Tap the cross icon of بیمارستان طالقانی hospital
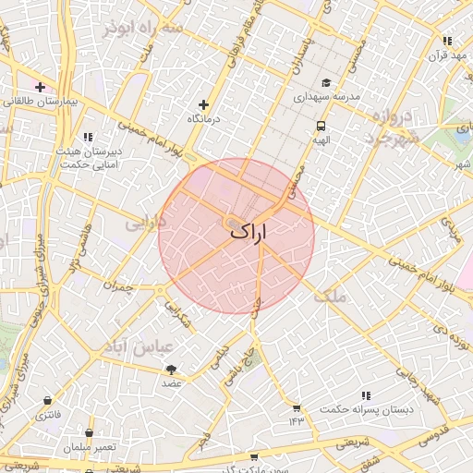tap(40, 87)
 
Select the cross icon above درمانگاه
tap(203, 104)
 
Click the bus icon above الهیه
tap(321, 126)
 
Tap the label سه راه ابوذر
tap(143, 30)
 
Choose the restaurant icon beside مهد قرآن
tap(447, 42)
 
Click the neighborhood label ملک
tap(330, 296)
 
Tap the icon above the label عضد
tap(171, 369)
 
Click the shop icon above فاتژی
tap(46, 401)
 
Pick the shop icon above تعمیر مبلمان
tap(89, 432)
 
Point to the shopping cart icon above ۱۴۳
tap(296, 407)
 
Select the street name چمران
tap(119, 287)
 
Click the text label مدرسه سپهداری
tap(325, 97)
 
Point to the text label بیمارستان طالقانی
tap(50, 101)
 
